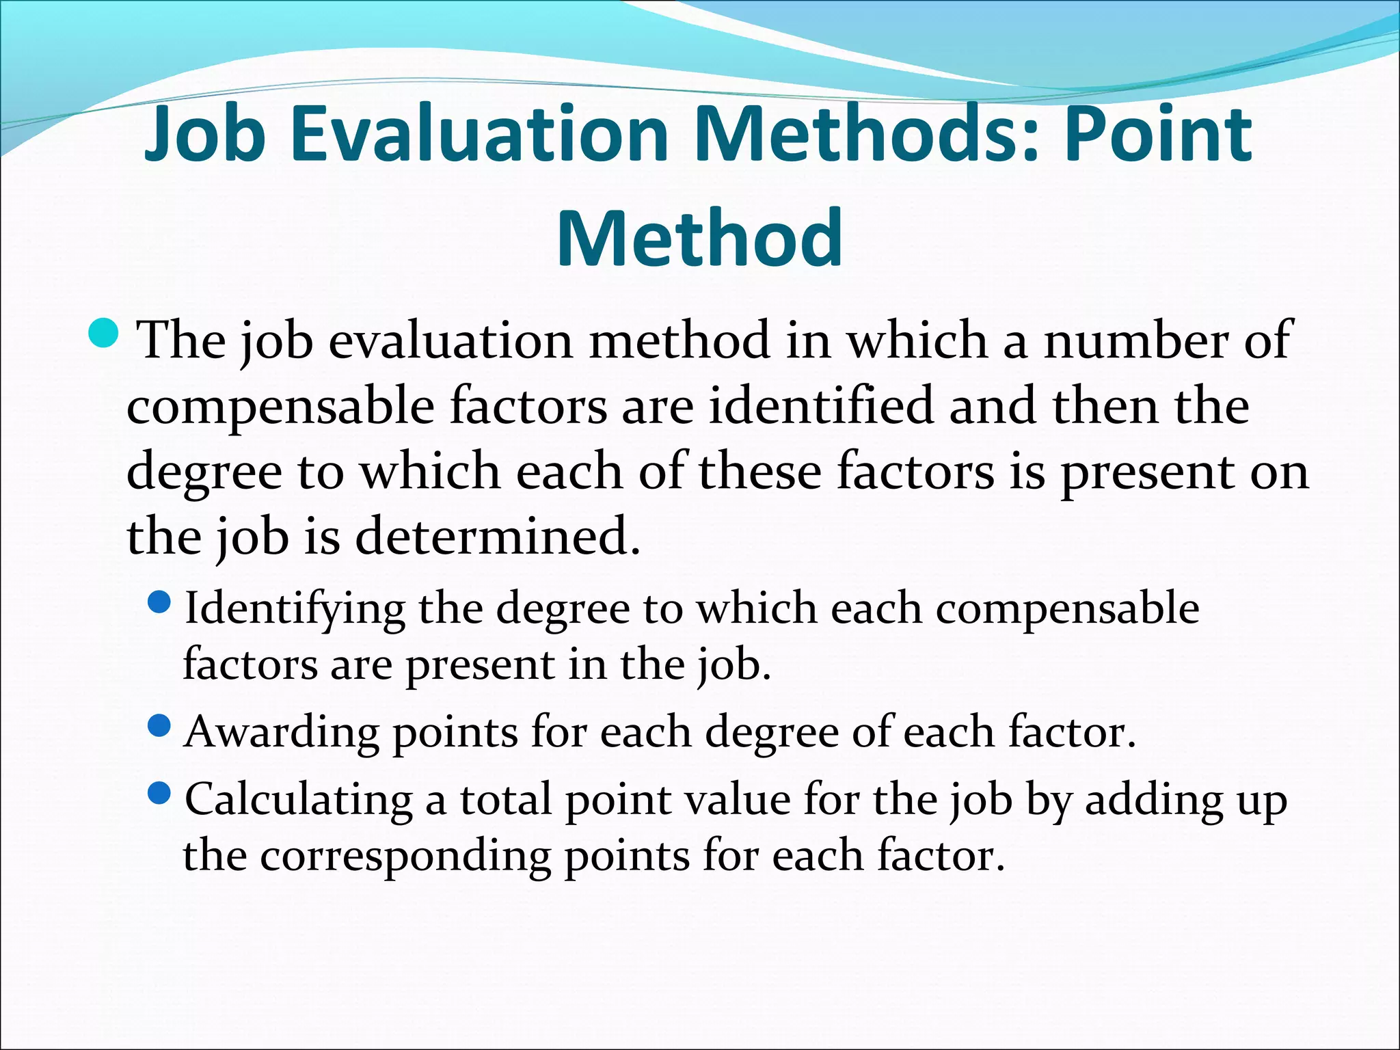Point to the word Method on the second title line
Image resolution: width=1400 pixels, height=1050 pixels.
tap(699, 238)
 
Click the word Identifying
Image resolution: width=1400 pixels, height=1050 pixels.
tap(295, 608)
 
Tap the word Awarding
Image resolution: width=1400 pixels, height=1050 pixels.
tap(282, 731)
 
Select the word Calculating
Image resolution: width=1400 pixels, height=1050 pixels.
tap(299, 800)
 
